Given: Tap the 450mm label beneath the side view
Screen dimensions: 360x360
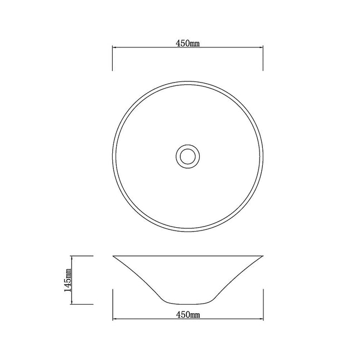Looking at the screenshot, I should pyautogui.click(x=188, y=315).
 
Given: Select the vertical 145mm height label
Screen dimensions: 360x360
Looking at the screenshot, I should pyautogui.click(x=68, y=280).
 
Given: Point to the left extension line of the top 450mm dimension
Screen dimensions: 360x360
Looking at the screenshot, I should pyautogui.click(x=113, y=58).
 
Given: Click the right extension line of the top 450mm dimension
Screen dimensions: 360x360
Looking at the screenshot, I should pyautogui.click(x=263, y=58).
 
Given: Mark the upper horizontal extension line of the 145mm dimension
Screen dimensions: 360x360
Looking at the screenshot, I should pyautogui.click(x=81, y=256).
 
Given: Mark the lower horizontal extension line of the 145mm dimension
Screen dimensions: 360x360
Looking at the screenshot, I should pyautogui.click(x=81, y=304).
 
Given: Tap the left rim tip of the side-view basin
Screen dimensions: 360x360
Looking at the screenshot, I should pyautogui.click(x=114, y=256).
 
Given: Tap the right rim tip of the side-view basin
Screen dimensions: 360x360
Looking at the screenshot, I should pyautogui.click(x=262, y=256).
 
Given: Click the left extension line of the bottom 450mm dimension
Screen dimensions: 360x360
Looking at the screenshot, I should pyautogui.click(x=113, y=305).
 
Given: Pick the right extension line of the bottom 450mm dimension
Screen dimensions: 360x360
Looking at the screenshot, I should pyautogui.click(x=263, y=305).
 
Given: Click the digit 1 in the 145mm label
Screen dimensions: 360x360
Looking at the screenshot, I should pyautogui.click(x=68, y=289).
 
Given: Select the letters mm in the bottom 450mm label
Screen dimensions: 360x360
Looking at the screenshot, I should pyautogui.click(x=195, y=315).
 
